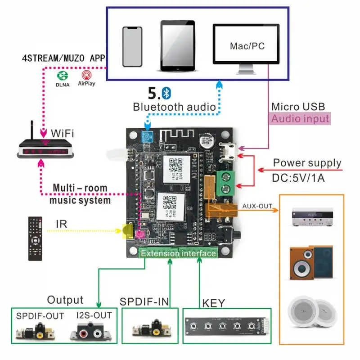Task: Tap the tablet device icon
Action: click(x=179, y=45)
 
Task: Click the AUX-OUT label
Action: click(x=257, y=206)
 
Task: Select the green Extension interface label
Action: click(x=178, y=253)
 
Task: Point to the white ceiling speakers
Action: click(x=311, y=311)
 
